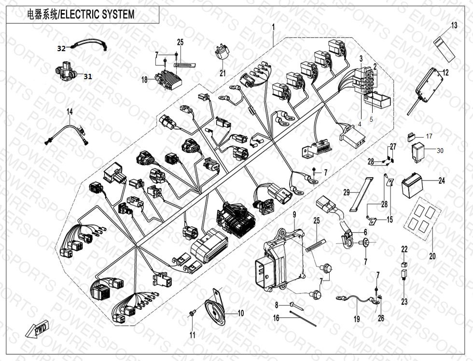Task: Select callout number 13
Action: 454,26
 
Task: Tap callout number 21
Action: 223,73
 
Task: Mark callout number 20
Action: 432,256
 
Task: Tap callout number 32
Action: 61,48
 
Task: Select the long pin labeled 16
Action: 303,319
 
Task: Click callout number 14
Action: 70,112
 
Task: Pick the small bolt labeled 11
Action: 192,314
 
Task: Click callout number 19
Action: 357,319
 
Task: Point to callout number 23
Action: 404,302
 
